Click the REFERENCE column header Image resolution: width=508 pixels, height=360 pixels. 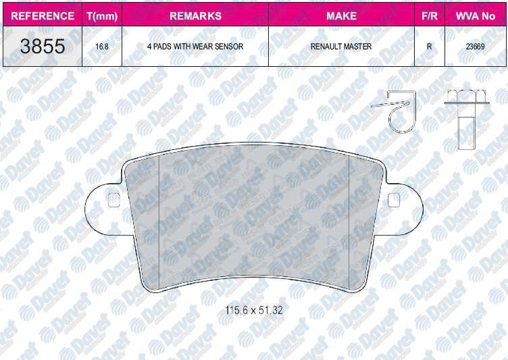[43, 16]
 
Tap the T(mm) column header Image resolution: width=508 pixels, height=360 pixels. [102, 16]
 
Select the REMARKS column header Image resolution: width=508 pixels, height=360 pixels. [195, 16]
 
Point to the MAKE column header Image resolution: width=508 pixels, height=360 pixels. [341, 16]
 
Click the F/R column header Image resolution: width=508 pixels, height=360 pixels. [429, 16]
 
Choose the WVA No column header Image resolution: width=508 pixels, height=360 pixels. [476, 16]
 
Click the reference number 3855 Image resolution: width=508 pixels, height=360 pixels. [43, 46]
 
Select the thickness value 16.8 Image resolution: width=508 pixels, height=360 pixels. [102, 47]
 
